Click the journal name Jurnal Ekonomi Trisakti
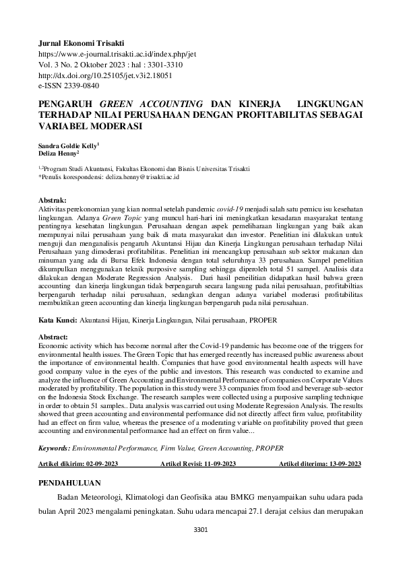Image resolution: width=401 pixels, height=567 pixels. (x=82, y=42)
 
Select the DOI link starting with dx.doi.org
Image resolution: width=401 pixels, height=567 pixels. (x=106, y=75)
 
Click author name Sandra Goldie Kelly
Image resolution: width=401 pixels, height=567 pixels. (x=69, y=145)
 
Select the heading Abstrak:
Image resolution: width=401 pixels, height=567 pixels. (x=53, y=201)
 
